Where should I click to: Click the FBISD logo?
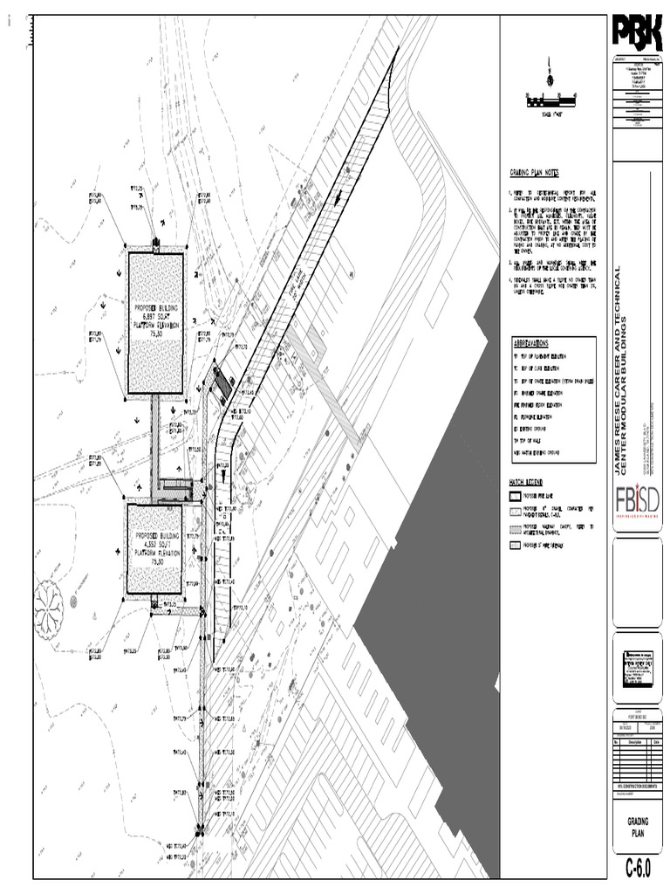(x=636, y=502)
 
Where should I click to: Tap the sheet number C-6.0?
(x=638, y=869)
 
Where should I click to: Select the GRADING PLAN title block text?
(x=638, y=828)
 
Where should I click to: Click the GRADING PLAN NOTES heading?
(x=533, y=174)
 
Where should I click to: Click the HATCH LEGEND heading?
(x=526, y=482)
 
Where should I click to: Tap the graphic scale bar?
(x=550, y=102)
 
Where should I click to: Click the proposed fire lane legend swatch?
(x=515, y=494)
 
